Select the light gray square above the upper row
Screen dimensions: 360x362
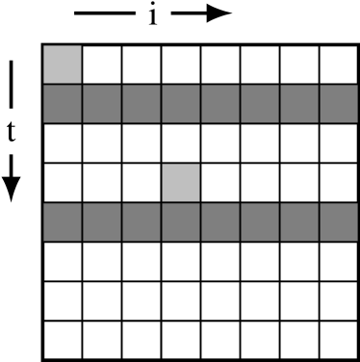pyautogui.click(x=63, y=65)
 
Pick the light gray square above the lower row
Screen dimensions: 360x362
pyautogui.click(x=181, y=183)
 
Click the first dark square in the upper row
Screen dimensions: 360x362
pyautogui.click(x=63, y=104)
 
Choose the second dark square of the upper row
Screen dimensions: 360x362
pyautogui.click(x=102, y=104)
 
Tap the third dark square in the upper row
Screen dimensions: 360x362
pyautogui.click(x=141, y=104)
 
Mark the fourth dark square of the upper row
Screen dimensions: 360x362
pyautogui.click(x=181, y=104)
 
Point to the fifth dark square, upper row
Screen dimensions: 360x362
pyautogui.click(x=220, y=104)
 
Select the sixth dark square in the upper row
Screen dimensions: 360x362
pyautogui.click(x=260, y=104)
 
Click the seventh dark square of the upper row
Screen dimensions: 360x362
pyautogui.click(x=299, y=104)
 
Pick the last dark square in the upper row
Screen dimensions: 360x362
pyautogui.click(x=339, y=104)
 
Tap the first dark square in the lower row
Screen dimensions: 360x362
pyautogui.click(x=63, y=222)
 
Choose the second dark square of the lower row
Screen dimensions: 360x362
pyautogui.click(x=102, y=222)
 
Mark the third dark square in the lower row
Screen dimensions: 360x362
pyautogui.click(x=141, y=222)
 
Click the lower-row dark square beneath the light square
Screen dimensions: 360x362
pyautogui.click(x=181, y=222)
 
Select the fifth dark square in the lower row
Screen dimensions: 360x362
pyautogui.click(x=220, y=222)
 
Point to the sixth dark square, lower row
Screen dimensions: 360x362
pyautogui.click(x=260, y=222)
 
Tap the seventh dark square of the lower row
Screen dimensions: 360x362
pyautogui.click(x=299, y=222)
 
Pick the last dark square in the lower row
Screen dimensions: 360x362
pyautogui.click(x=339, y=222)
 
